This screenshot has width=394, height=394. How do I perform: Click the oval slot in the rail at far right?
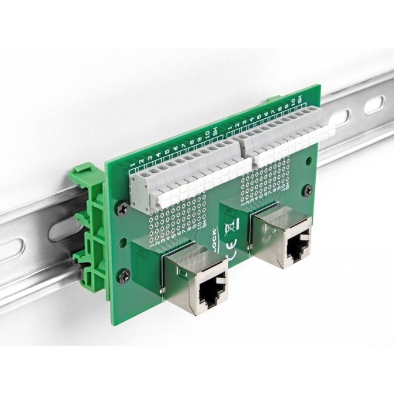coord(373,106)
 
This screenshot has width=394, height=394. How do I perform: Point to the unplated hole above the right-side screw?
coord(309,162)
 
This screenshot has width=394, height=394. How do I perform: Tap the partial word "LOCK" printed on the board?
coord(215,235)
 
